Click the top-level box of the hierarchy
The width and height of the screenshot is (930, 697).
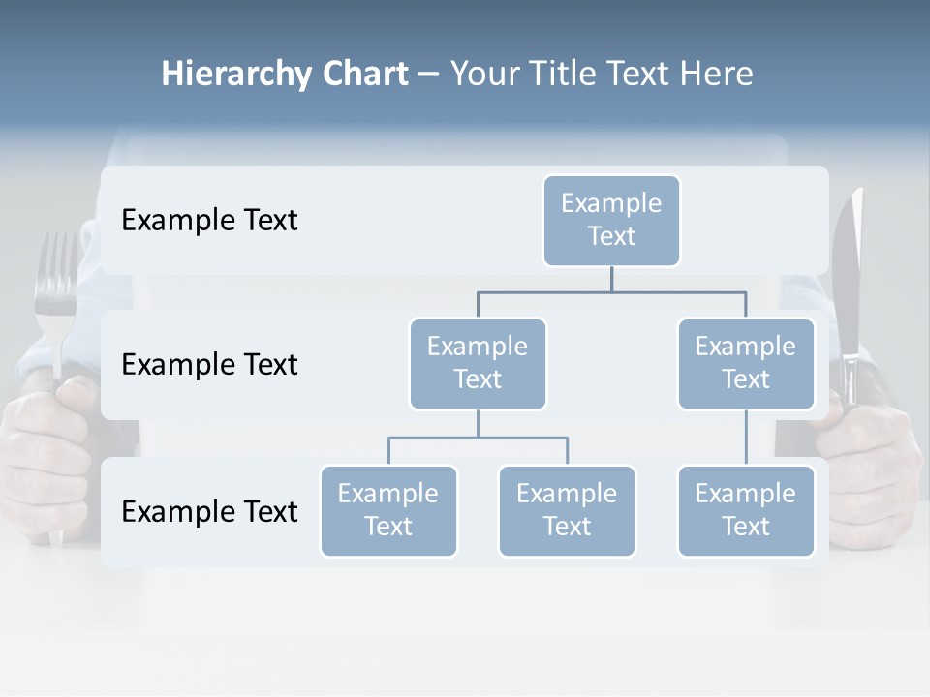(611, 220)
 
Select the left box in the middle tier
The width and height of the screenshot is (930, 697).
(478, 363)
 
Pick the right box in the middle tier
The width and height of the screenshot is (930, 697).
(746, 363)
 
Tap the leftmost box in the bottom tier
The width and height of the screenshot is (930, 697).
(388, 510)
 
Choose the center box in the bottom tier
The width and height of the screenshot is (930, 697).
(567, 510)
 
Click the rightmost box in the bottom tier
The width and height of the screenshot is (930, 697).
(746, 510)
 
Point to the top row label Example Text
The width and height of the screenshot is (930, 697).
(209, 221)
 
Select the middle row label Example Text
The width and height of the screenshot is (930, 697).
(209, 365)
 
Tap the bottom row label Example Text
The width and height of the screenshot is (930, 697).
(209, 511)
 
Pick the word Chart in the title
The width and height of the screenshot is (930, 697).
(364, 74)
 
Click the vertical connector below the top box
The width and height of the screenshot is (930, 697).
(611, 279)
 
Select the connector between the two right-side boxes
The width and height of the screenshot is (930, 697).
(746, 437)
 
